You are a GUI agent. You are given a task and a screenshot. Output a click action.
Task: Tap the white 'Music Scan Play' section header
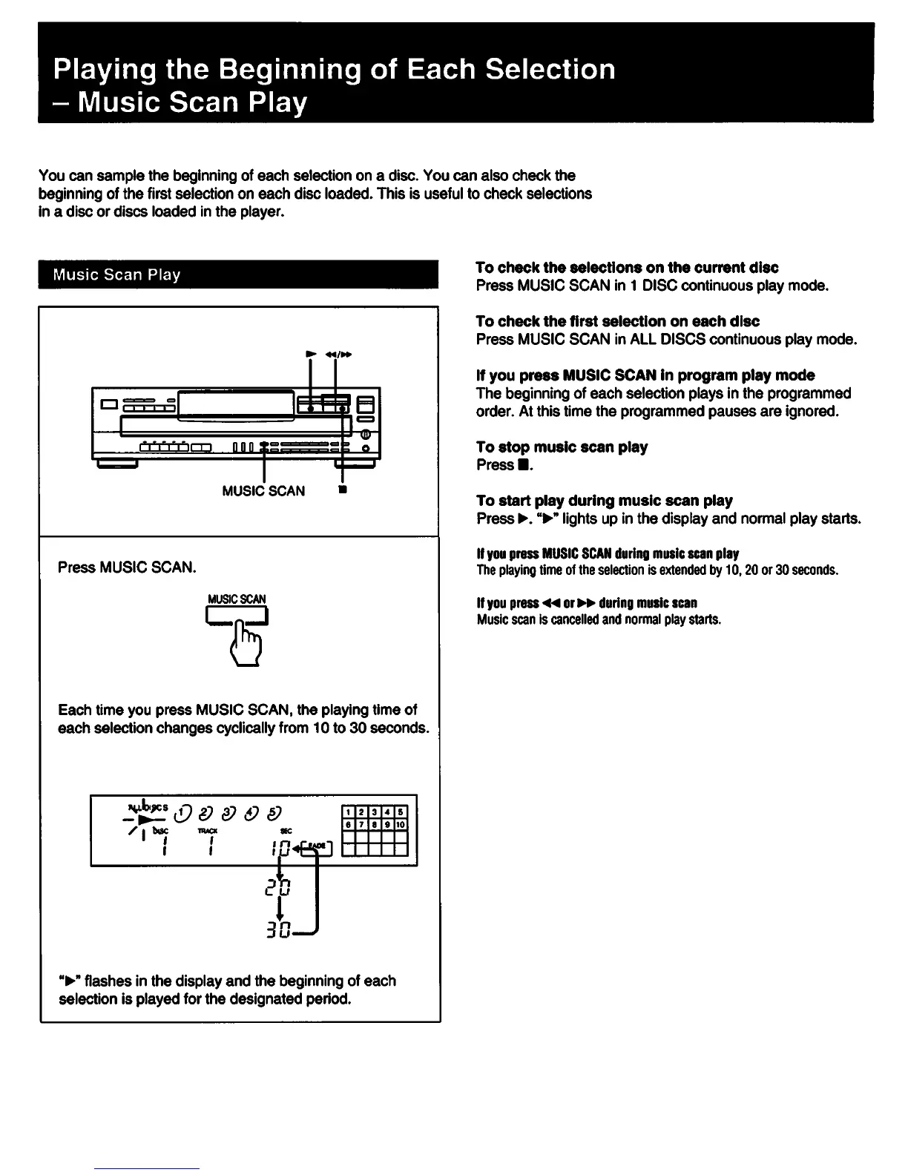pos(116,274)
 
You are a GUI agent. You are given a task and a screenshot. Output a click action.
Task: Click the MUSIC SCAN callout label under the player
pos(263,491)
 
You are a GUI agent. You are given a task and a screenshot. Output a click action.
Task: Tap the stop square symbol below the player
pos(342,490)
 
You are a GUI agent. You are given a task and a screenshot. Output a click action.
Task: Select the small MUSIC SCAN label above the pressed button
pos(237,599)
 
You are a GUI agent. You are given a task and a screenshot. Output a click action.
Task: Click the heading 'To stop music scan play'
pos(562,447)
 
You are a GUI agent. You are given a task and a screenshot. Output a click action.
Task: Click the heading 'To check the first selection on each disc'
pos(617,321)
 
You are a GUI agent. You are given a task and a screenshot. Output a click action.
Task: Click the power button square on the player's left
pos(110,404)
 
